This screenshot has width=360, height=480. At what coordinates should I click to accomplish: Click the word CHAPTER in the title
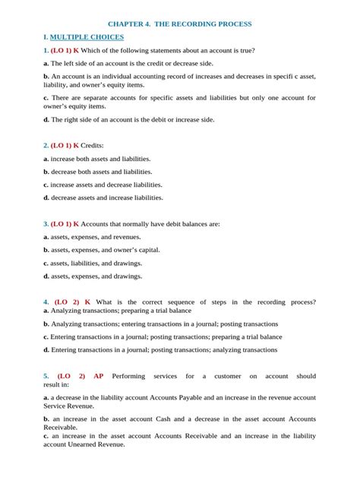(x=129, y=24)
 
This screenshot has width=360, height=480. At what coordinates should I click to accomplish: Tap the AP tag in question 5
(x=99, y=375)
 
